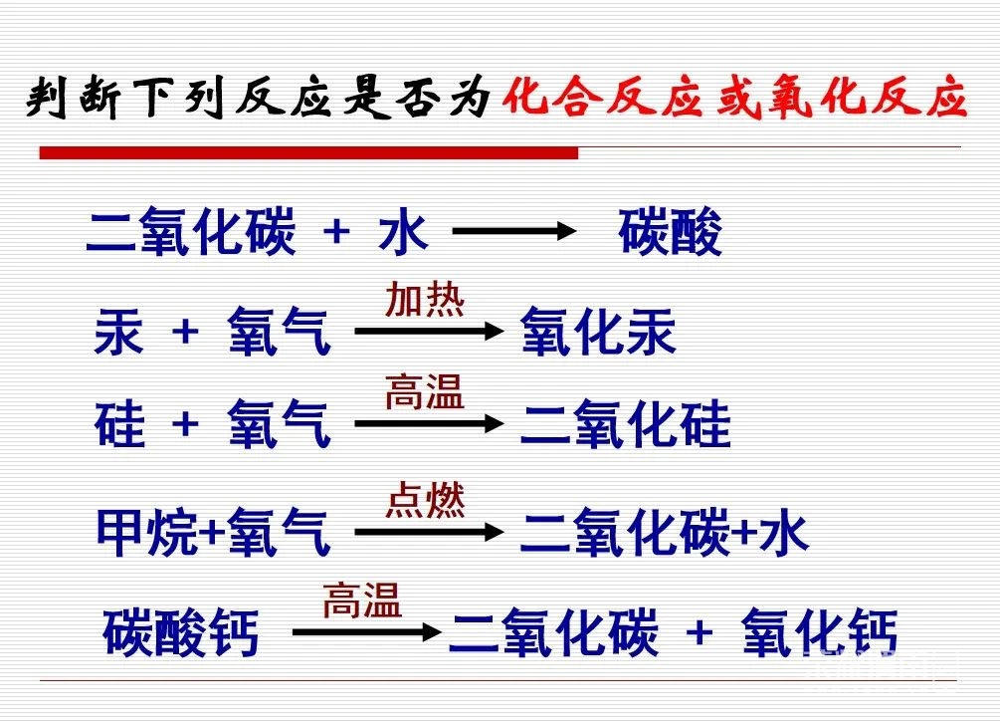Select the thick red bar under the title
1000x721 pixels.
[308, 152]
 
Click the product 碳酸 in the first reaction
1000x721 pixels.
[670, 232]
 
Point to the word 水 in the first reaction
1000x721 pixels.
[402, 232]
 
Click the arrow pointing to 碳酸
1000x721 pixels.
[514, 231]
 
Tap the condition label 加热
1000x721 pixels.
[425, 299]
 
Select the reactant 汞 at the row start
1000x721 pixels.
[118, 332]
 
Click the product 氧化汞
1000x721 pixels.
[598, 332]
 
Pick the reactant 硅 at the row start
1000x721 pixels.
[119, 423]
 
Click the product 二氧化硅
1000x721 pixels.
[625, 423]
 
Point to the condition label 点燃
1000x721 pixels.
[426, 500]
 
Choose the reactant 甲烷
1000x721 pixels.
[147, 532]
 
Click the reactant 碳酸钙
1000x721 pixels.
[180, 632]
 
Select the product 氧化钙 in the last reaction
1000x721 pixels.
[820, 632]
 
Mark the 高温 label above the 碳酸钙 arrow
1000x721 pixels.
[362, 600]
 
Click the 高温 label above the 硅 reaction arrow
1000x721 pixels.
[425, 391]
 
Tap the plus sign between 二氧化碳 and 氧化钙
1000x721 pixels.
[700, 633]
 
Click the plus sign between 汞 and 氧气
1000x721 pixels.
[186, 332]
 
